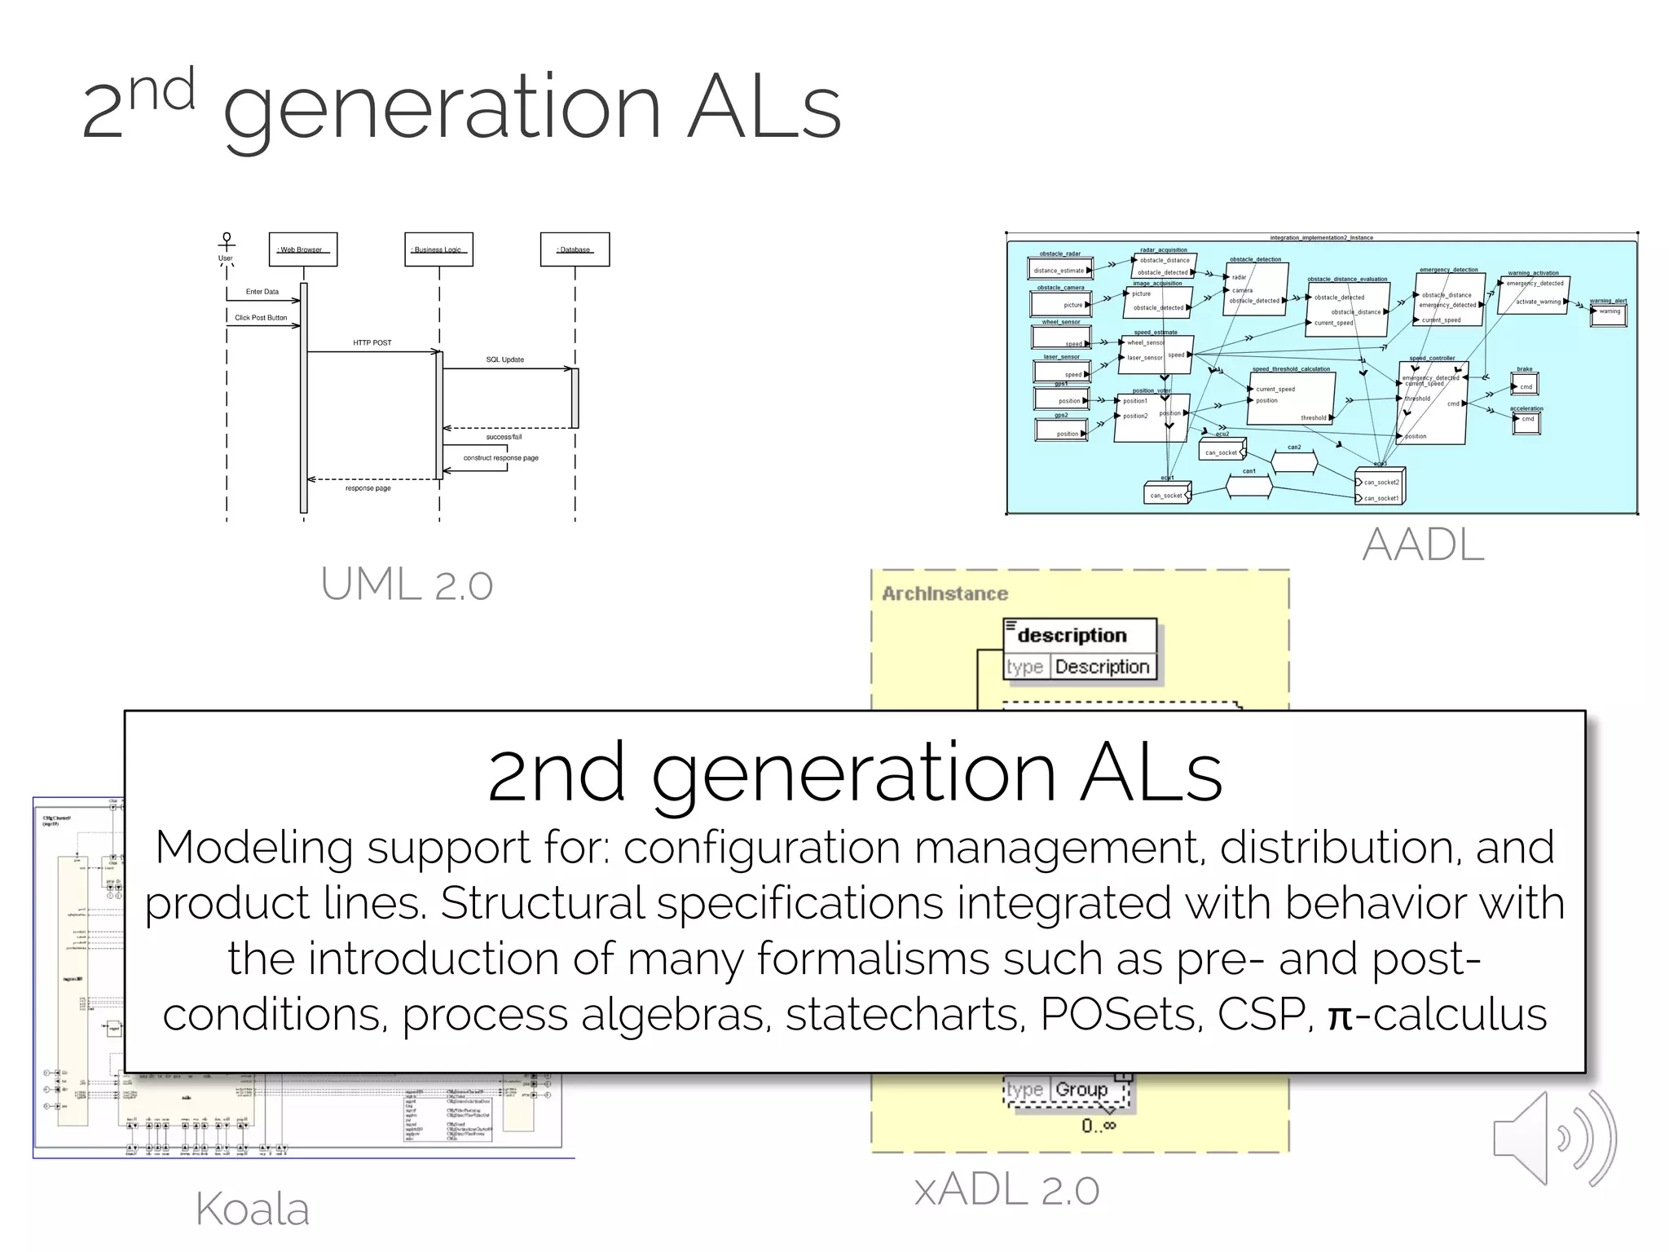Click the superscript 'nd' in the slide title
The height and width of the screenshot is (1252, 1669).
point(162,90)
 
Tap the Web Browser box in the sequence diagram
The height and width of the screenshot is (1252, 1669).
point(302,249)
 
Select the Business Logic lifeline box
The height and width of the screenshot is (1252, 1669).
point(438,249)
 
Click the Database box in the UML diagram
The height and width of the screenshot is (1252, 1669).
point(575,249)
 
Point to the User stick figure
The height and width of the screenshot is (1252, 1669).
point(227,245)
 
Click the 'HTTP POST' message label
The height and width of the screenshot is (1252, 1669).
point(372,343)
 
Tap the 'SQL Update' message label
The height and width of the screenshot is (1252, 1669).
point(504,359)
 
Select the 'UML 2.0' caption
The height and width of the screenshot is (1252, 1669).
point(407,584)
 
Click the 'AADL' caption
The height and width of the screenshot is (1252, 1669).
point(1423,544)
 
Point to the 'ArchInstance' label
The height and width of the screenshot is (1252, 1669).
point(945,593)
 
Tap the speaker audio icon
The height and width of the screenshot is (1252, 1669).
point(1552,1138)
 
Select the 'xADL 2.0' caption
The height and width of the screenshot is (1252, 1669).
point(1006,1190)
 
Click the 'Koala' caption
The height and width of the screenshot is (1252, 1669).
point(253,1209)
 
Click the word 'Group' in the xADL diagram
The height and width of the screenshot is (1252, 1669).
point(1081,1090)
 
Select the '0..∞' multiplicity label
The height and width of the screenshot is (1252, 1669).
point(1099,1126)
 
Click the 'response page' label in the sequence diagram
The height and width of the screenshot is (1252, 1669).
point(368,488)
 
